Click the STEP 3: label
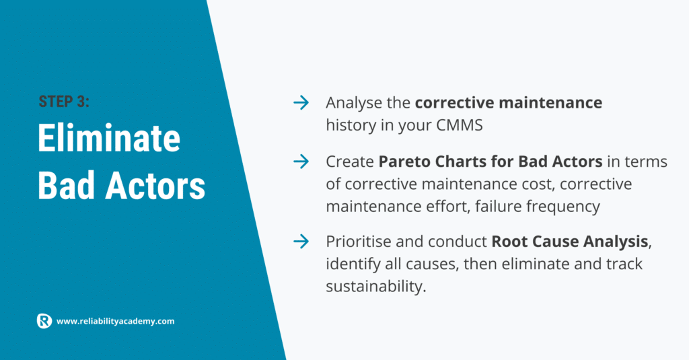coord(64,102)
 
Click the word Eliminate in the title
coord(109,139)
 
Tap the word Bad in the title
coord(67,186)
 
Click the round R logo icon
coord(44,321)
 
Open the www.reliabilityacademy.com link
coord(116,322)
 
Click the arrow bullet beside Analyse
coord(301,103)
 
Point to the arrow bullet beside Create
coord(301,161)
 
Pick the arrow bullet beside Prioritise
coord(301,242)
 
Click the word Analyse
coord(354,104)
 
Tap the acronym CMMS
coord(459,125)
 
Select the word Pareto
coord(404,161)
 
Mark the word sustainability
coord(376,287)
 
